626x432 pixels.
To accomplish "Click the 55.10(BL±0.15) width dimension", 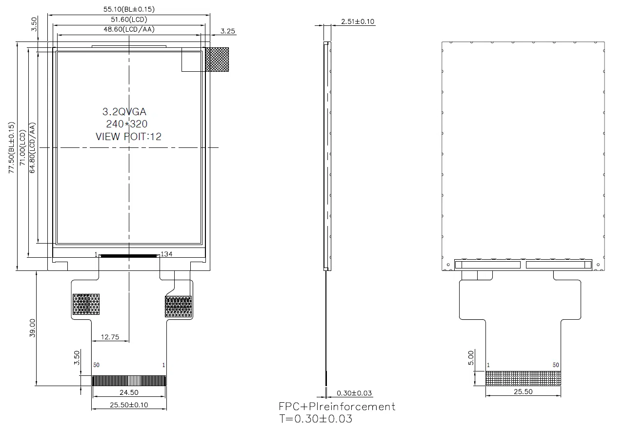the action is click(129, 9).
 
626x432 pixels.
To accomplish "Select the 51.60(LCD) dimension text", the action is click(129, 20).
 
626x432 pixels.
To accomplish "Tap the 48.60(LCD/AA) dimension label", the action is click(129, 29).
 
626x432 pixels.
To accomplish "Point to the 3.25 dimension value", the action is click(227, 31).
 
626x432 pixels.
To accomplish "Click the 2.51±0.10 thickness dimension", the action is click(358, 21).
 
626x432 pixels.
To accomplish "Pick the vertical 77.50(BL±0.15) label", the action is click(11, 147).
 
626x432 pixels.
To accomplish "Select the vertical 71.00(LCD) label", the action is click(22, 147).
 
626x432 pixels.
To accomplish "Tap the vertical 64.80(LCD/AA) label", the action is click(32, 147).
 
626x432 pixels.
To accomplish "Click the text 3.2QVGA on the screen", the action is click(124, 112).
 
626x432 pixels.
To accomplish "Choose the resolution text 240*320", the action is click(126, 123).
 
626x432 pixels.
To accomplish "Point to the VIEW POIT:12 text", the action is click(128, 137).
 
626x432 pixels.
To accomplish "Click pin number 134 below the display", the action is click(166, 254).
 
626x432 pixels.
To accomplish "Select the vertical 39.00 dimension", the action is click(32, 328).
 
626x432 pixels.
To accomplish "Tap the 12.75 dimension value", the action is click(110, 337).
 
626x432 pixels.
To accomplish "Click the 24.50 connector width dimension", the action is click(129, 392).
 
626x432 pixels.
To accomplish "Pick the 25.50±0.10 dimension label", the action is click(129, 405).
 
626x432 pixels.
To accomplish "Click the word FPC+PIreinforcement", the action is click(337, 407).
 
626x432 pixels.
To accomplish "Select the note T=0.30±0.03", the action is click(316, 419).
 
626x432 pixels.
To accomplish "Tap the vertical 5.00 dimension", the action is click(471, 358).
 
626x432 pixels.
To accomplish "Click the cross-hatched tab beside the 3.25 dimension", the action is click(217, 59).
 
